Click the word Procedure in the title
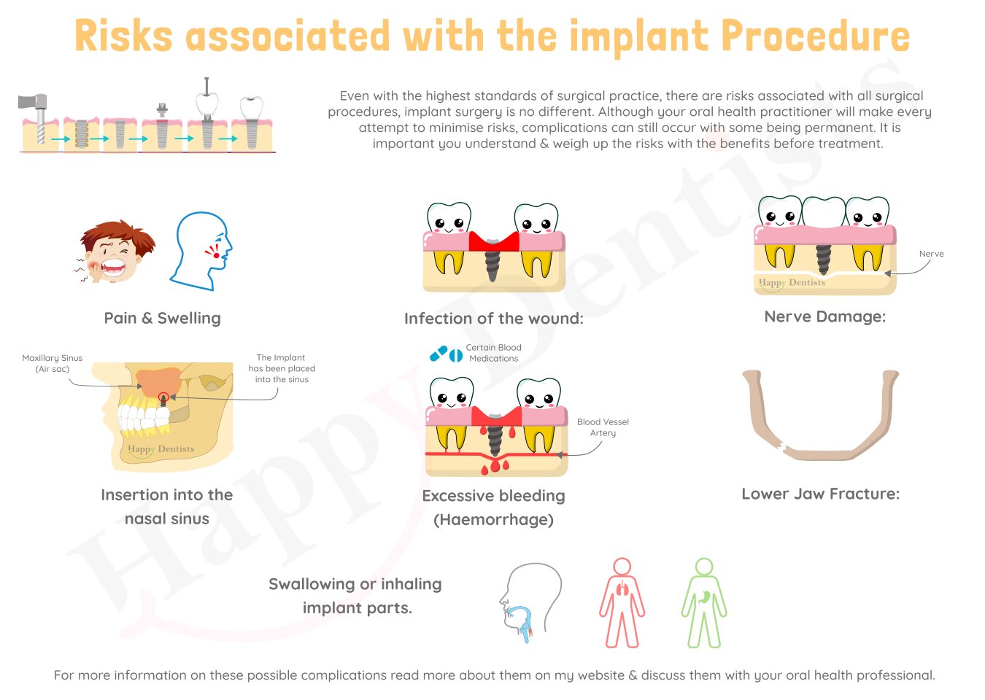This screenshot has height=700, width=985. [x=815, y=36]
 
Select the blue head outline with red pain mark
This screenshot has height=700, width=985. [x=202, y=252]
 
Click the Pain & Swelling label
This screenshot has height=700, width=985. [x=162, y=318]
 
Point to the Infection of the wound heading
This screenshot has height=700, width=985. [x=494, y=319]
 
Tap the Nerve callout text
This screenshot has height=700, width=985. [x=931, y=254]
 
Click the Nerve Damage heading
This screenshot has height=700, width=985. [x=825, y=316]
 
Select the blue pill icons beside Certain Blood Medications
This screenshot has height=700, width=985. [x=447, y=354]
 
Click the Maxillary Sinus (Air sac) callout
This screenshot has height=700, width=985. [x=53, y=363]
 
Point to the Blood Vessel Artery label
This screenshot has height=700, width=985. [x=603, y=427]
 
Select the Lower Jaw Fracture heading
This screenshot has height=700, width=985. [x=821, y=494]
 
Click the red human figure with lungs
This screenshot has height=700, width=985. [x=622, y=603]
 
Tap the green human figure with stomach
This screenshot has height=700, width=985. [x=704, y=603]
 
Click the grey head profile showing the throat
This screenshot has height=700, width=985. [x=530, y=602]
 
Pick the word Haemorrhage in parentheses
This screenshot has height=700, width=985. [x=493, y=520]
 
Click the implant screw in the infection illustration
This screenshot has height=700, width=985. [x=492, y=260]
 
